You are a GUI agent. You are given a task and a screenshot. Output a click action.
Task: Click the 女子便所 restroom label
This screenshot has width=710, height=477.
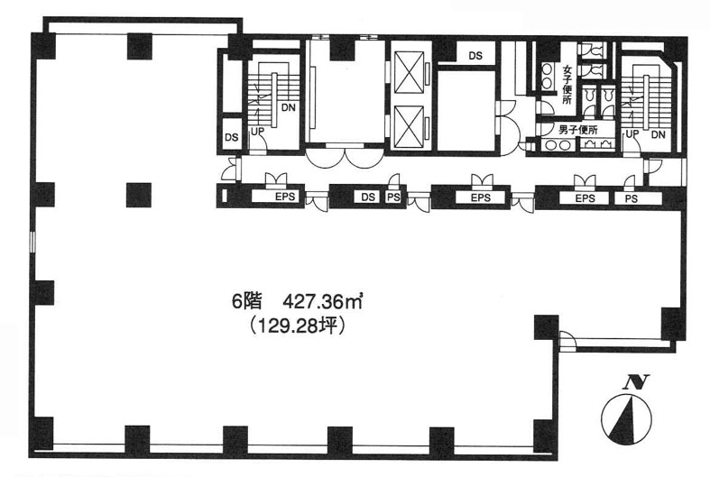(567, 85)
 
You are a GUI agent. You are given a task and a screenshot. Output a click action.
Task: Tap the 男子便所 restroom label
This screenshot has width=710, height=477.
(578, 131)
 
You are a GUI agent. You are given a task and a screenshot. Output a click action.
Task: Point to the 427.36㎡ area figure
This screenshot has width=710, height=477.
(323, 301)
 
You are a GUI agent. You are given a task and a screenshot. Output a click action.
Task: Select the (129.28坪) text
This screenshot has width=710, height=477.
(298, 325)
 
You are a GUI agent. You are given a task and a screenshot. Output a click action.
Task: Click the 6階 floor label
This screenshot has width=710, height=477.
(247, 301)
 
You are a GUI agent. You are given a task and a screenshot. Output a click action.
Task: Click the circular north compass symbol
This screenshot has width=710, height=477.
(627, 418)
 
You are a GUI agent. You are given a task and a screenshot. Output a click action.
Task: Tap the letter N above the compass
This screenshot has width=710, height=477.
(636, 382)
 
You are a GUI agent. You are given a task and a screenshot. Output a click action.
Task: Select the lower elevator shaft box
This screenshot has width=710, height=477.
(410, 127)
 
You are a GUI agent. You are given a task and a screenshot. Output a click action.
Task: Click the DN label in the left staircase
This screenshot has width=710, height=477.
(289, 107)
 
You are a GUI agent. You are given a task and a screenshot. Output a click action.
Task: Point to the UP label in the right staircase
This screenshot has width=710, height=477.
(632, 134)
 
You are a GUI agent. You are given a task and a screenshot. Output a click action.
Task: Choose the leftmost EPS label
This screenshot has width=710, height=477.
(285, 197)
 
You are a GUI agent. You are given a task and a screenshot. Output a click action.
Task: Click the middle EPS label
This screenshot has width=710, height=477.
(481, 197)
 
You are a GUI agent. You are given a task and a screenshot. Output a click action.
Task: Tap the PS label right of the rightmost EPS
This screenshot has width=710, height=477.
(632, 198)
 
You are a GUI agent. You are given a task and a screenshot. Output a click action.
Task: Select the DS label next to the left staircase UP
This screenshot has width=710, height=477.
(231, 137)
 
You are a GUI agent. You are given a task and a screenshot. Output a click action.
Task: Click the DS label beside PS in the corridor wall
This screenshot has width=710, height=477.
(368, 197)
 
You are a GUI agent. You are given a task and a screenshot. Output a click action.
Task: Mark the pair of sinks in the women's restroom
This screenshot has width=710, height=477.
(547, 76)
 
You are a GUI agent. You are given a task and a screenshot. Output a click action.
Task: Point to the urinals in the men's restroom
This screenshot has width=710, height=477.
(597, 144)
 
